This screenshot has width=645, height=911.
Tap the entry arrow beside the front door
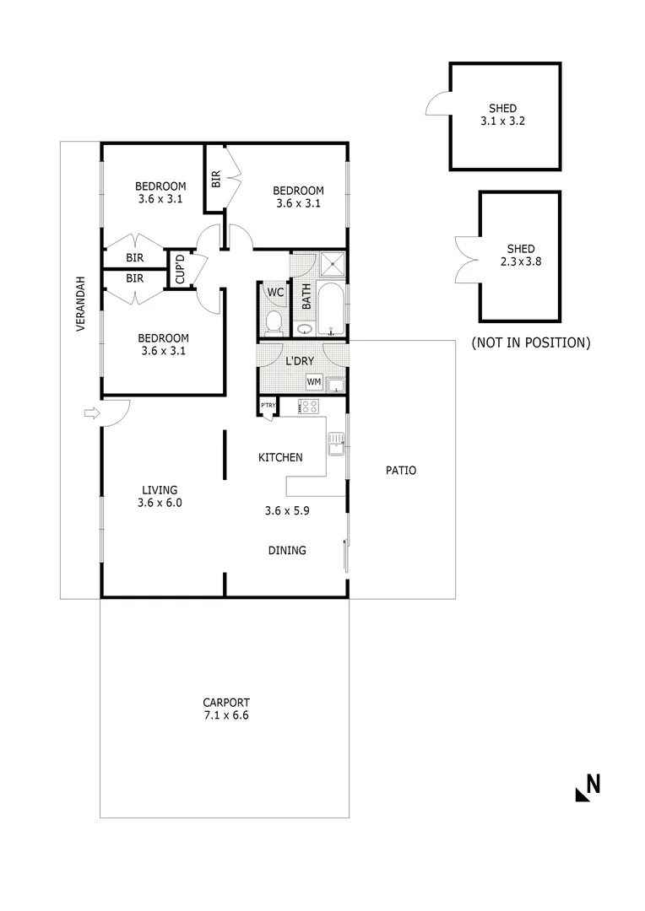click(91, 412)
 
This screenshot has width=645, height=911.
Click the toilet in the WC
click(274, 322)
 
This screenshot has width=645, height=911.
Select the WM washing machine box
click(314, 383)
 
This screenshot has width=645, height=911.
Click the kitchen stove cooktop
click(309, 407)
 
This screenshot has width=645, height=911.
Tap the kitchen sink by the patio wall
click(335, 442)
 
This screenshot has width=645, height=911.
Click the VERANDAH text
click(81, 304)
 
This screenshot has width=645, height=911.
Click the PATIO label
click(401, 471)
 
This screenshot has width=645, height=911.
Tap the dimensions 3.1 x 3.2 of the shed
click(503, 121)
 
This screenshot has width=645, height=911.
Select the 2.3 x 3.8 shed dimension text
click(521, 261)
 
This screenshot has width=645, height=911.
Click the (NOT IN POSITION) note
click(530, 342)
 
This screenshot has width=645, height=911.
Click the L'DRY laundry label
click(300, 361)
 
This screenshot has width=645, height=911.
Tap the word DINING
click(287, 551)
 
